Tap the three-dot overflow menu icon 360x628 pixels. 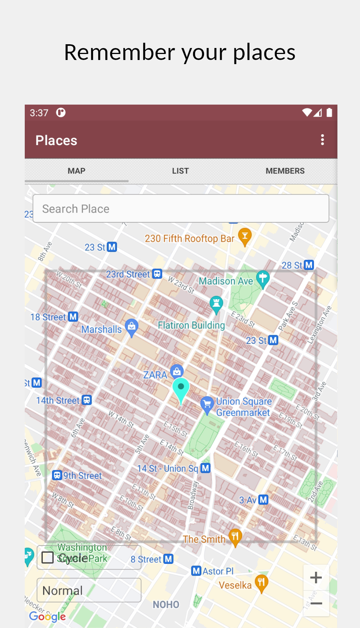[x=322, y=140]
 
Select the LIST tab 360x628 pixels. [x=180, y=171]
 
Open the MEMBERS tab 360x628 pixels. [x=285, y=171]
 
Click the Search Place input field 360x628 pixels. [x=181, y=208]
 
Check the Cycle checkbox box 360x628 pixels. [x=48, y=558]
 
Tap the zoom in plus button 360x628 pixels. [x=316, y=577]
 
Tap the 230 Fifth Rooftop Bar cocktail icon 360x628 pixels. [x=245, y=236]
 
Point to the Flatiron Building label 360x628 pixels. [x=191, y=325]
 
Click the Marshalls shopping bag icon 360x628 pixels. [x=131, y=327]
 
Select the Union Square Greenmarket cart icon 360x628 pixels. [x=207, y=405]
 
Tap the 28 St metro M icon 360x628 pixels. [x=309, y=265]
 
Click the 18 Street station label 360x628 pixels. [x=48, y=317]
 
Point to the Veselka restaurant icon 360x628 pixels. [x=261, y=583]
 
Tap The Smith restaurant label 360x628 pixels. [x=204, y=539]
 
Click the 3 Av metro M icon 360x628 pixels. [x=264, y=500]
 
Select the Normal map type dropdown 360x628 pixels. [x=89, y=591]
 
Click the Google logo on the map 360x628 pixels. [x=47, y=616]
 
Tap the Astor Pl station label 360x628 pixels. [x=218, y=571]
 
